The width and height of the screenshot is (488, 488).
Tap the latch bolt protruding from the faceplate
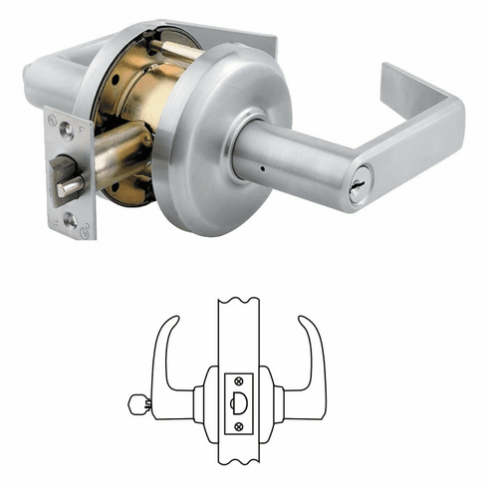coord(71,184)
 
